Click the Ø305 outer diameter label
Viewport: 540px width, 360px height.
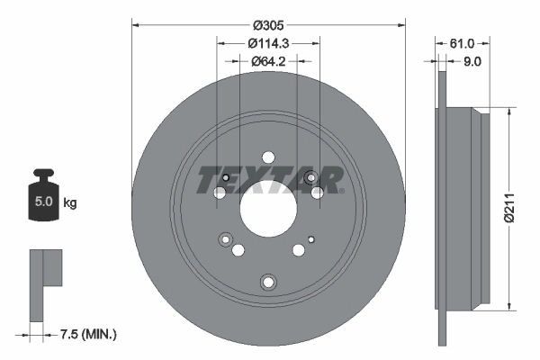(x=268, y=26)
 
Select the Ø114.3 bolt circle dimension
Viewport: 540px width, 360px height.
(x=268, y=43)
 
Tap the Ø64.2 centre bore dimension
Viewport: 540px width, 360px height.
(x=268, y=61)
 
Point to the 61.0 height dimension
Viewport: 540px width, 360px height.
(x=461, y=43)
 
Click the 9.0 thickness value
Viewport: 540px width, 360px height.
(x=472, y=61)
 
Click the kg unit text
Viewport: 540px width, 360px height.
(x=70, y=203)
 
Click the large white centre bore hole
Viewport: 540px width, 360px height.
(x=267, y=214)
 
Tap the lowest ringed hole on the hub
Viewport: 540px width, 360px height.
(x=267, y=283)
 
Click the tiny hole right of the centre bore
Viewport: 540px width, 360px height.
(x=310, y=238)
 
